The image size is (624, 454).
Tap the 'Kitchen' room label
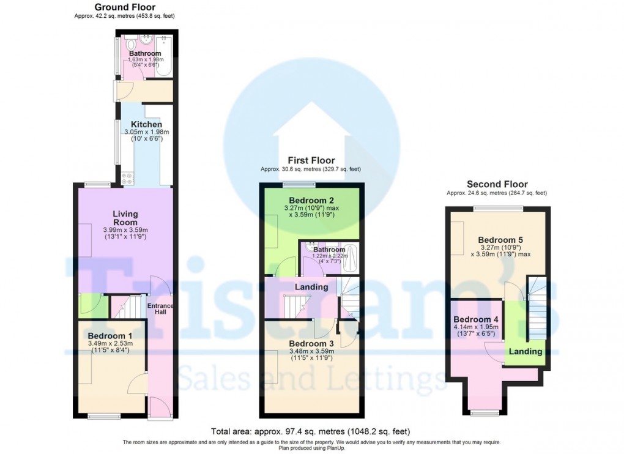(142, 124)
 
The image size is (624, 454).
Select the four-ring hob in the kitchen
(128, 179)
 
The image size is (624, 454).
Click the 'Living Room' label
(125, 218)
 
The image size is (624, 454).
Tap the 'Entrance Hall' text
(160, 309)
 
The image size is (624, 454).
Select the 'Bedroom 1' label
(110, 335)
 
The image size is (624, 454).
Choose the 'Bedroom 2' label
(311, 200)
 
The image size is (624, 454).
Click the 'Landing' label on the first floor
(311, 286)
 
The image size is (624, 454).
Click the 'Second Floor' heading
(497, 184)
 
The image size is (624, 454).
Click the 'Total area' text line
(310, 431)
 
